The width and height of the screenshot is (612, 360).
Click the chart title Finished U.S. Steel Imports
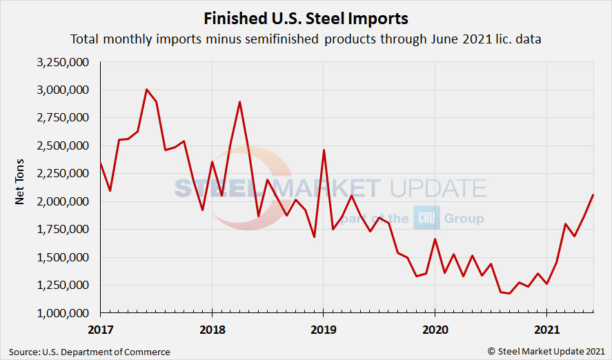[306, 17]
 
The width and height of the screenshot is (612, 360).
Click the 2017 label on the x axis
[101, 329]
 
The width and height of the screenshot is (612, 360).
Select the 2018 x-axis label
[212, 329]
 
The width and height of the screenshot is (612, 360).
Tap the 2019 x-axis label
[323, 329]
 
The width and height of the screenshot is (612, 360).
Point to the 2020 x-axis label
[435, 329]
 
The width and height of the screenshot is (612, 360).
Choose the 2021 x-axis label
[546, 329]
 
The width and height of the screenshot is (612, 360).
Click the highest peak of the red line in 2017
[147, 90]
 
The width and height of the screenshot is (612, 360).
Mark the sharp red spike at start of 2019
[324, 150]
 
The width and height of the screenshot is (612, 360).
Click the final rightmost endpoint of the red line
[593, 195]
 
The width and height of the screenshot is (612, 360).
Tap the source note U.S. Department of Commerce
[90, 352]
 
